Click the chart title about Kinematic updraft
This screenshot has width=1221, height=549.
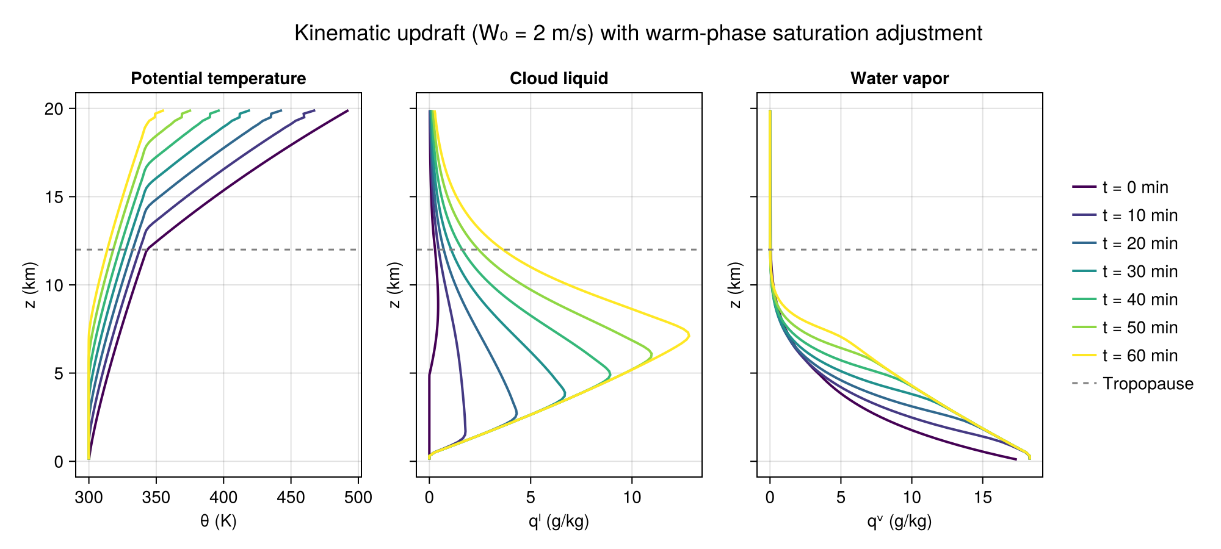pos(638,33)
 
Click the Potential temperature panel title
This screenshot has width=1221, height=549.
pos(219,79)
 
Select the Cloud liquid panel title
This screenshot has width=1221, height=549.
pos(559,79)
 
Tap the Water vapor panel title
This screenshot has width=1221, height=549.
pos(899,79)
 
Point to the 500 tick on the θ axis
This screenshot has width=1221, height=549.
pos(358,498)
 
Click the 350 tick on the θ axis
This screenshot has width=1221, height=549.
pos(156,498)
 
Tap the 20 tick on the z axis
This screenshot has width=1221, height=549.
pos(55,109)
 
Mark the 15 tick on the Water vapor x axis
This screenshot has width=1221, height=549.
pos(982,498)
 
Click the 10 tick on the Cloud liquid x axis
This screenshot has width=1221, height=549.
pos(632,498)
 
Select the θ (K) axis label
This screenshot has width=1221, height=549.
pos(219,522)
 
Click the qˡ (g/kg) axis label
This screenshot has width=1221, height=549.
pos(559,522)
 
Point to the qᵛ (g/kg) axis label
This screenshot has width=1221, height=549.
pos(899,522)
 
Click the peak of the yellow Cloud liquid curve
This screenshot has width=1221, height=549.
pos(689,335)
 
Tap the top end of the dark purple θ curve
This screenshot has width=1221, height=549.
pos(347,110)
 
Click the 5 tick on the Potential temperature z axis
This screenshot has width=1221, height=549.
pos(59,373)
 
